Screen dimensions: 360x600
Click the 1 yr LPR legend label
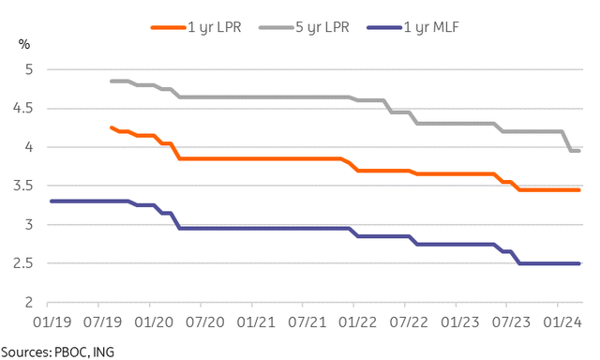(214, 26)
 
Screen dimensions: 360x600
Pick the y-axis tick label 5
(29, 69)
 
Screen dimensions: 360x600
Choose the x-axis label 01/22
(353, 321)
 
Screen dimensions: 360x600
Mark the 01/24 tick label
(558, 321)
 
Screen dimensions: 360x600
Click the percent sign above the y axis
(24, 43)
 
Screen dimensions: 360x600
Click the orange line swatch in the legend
(169, 26)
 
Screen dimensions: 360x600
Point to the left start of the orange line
(112, 127)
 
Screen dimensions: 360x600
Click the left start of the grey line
(112, 81)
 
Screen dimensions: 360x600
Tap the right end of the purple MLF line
(580, 263)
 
